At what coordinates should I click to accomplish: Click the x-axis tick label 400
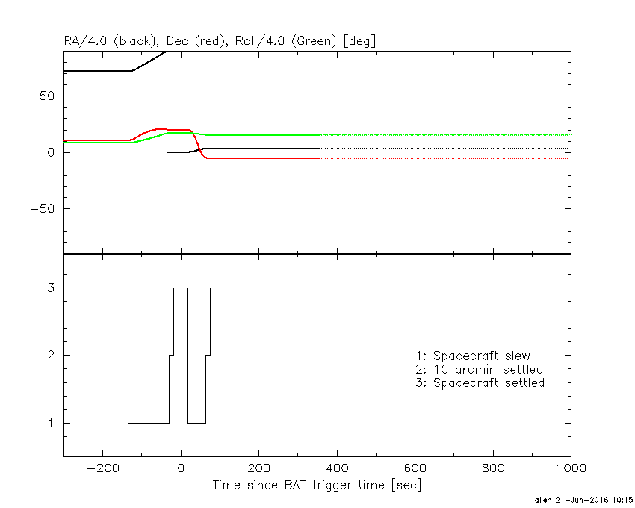pyautogui.click(x=337, y=470)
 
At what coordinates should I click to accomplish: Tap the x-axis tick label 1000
pyautogui.click(x=570, y=470)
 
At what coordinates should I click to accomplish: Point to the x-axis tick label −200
pyautogui.click(x=102, y=470)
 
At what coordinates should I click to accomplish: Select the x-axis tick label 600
pyautogui.click(x=415, y=470)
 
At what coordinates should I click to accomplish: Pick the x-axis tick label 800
pyautogui.click(x=492, y=470)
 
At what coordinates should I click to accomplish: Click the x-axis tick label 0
pyautogui.click(x=181, y=470)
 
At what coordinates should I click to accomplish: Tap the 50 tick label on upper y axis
pyautogui.click(x=52, y=96)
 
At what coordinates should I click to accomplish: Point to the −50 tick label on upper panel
pyautogui.click(x=46, y=209)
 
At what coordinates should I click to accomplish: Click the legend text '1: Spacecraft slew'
pyautogui.click(x=473, y=356)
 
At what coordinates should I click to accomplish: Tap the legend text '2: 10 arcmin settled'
pyautogui.click(x=480, y=369)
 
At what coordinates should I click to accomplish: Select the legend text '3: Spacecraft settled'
pyautogui.click(x=480, y=382)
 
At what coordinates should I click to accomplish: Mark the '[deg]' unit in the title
pyautogui.click(x=359, y=41)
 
